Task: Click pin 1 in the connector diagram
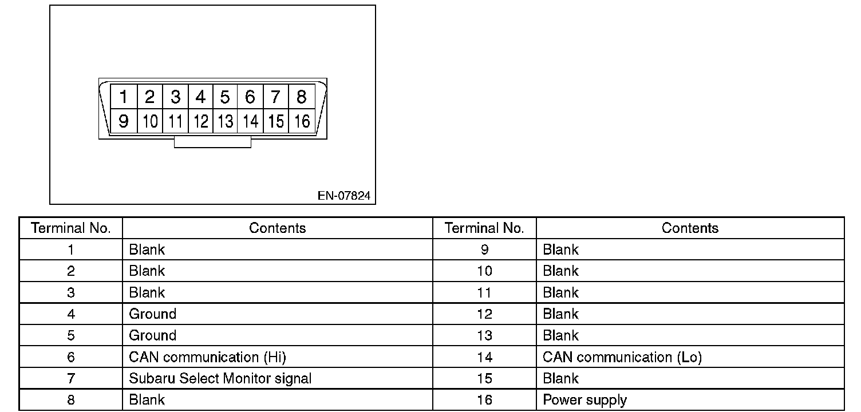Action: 123,97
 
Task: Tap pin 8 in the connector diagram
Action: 302,97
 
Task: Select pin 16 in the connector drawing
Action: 302,121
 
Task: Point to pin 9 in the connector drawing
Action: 123,121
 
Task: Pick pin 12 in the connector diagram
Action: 200,121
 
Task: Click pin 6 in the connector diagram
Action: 250,97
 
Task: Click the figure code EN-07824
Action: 344,196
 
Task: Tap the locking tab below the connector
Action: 212,142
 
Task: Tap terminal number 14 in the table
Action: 484,357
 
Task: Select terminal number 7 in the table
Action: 71,378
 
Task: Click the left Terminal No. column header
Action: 71,228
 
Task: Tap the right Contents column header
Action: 690,228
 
